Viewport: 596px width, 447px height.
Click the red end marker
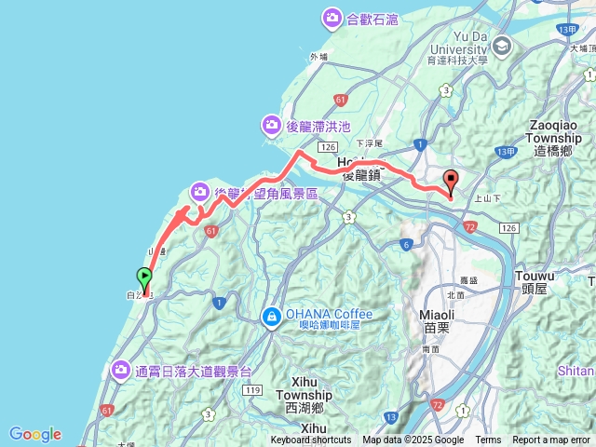point(452,181)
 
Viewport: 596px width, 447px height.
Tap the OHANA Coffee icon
point(271,317)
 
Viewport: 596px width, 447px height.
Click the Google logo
point(35,434)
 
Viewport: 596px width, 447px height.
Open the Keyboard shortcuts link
point(311,440)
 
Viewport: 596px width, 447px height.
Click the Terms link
point(488,440)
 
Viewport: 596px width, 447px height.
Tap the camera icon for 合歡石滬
point(332,17)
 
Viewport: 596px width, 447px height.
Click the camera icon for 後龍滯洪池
point(271,124)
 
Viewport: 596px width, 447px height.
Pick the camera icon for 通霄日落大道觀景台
point(121,371)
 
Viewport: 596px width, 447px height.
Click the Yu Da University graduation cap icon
point(502,47)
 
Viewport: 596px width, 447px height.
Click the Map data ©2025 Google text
point(413,440)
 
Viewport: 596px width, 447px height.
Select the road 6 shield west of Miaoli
point(406,245)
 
